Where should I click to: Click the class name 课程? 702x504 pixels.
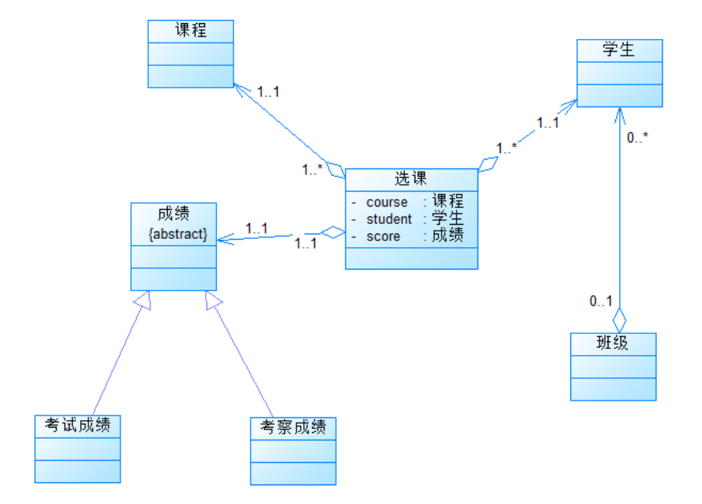191,31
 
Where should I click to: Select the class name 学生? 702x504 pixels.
619,50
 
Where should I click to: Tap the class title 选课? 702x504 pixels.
411,179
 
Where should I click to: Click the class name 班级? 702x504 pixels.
613,344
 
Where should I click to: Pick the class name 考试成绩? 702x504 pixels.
78,425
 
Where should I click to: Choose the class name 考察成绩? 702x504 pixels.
293,428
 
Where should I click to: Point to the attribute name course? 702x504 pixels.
387,202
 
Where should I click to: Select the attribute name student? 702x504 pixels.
388,219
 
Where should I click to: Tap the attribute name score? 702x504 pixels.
383,237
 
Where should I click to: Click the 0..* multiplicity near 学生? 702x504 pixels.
638,138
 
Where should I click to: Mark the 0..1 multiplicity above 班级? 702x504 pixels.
601,302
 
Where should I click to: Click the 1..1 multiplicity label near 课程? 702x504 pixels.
268,91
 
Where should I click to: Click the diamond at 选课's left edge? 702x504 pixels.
334,233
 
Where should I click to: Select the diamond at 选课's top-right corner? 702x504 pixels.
488,164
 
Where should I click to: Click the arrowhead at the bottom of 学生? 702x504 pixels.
619,114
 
